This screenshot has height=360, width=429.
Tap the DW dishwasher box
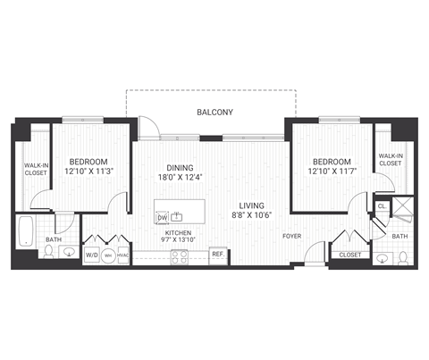coord(163,217)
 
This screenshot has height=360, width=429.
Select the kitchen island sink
coord(179,216)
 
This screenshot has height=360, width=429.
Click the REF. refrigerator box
coord(217,255)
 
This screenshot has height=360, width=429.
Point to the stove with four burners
coord(179,255)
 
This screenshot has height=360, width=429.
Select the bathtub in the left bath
coord(25,231)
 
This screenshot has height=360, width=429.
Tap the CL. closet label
coord(381,206)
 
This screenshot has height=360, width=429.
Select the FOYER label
coord(291,238)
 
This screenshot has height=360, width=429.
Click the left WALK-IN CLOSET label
coord(35,170)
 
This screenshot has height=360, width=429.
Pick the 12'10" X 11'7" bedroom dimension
coord(332,171)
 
